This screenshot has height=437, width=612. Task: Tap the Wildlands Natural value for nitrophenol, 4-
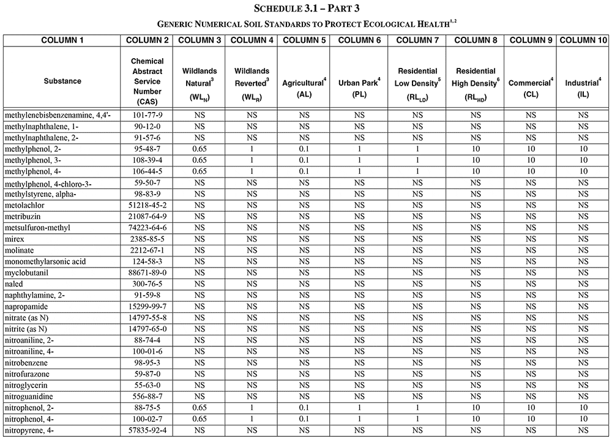pos(200,419)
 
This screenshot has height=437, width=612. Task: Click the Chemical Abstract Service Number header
pos(147,81)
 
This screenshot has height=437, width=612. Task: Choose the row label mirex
pos(16,239)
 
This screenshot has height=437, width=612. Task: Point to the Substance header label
pos(62,81)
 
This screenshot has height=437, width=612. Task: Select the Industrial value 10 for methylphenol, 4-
pos(583,171)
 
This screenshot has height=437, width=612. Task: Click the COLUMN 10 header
pos(583,40)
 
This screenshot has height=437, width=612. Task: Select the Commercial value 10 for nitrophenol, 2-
pos(531,408)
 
